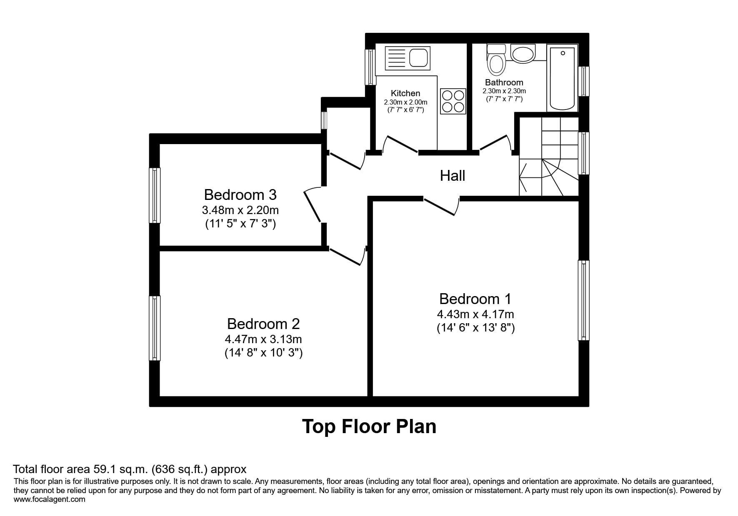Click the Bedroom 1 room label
coord(475,299)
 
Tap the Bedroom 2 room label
coord(263,324)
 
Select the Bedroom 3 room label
coord(240,195)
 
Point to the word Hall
coord(453,176)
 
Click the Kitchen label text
coord(405,93)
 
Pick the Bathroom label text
coord(504,82)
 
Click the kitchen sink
coord(408,58)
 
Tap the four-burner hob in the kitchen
coord(453,101)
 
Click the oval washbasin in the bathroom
coord(523,54)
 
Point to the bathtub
coord(563,78)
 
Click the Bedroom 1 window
coord(583,300)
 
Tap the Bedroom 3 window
coord(155,195)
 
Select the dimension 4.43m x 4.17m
coord(475,314)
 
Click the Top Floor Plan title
coord(369,426)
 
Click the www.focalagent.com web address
coord(50,499)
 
